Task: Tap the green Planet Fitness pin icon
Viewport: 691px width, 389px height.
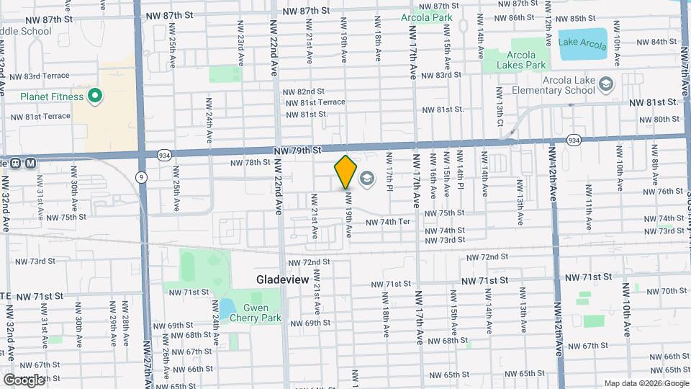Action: pos(94,96)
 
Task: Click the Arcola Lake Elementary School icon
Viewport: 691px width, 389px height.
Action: pos(606,86)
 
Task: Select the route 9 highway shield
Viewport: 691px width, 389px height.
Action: pos(143,176)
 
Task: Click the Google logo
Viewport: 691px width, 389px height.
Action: pos(24,379)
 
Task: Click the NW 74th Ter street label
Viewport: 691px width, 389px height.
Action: pos(387,222)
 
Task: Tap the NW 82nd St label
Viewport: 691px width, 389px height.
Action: pos(304,91)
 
